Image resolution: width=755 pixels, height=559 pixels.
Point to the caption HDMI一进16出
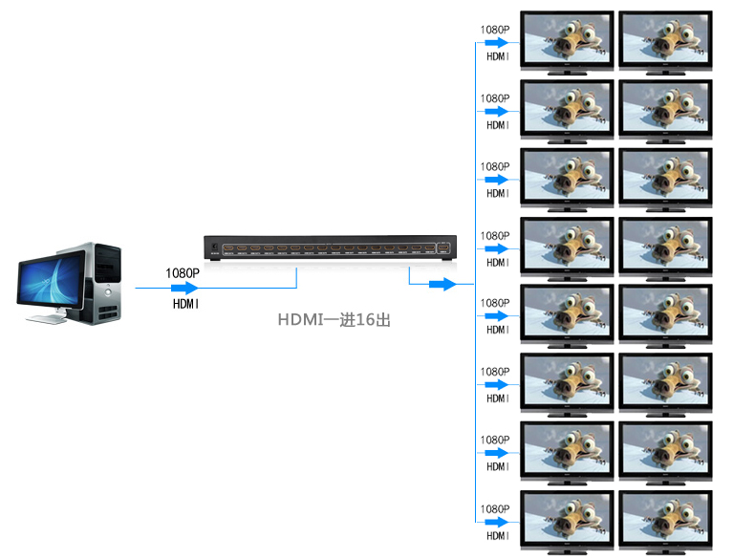(334, 321)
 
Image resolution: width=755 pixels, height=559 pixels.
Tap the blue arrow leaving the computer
(184, 288)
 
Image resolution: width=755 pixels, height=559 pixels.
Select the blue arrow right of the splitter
(441, 284)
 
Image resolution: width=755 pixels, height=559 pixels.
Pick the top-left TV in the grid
(567, 41)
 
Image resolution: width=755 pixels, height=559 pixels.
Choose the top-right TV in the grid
(665, 41)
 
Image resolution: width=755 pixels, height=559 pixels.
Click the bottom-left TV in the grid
(567, 522)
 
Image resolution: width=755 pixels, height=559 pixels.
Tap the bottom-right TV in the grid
(665, 522)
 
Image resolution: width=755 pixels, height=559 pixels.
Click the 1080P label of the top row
(495, 29)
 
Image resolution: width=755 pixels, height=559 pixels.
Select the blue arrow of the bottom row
(495, 523)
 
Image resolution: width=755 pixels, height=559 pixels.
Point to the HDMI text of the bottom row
(497, 537)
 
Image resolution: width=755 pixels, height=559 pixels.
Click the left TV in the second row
(567, 110)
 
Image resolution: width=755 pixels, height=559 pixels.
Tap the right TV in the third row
(665, 179)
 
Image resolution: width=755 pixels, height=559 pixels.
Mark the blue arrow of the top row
(495, 43)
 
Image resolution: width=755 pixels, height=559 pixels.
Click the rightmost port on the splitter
(445, 251)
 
